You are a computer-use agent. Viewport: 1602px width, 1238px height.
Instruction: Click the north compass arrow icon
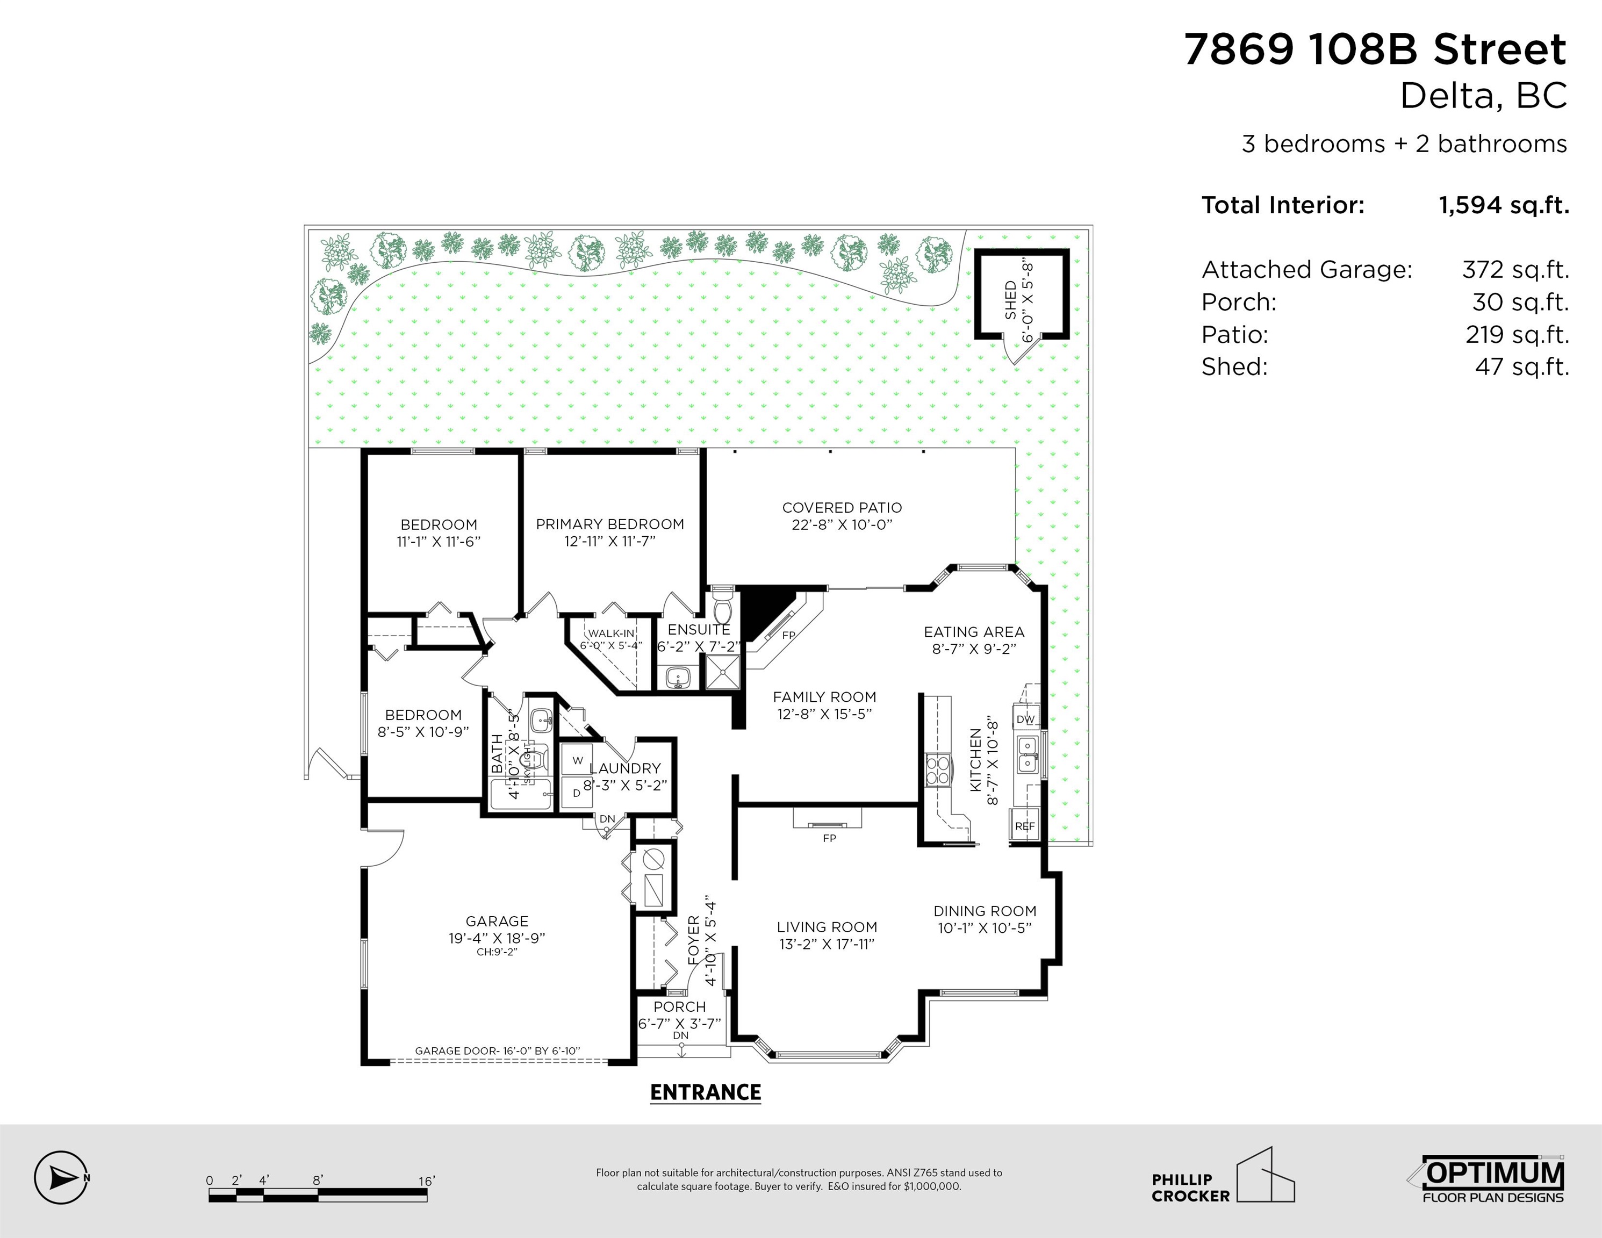pyautogui.click(x=62, y=1178)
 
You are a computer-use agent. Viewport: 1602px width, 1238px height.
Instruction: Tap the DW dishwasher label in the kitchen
pyautogui.click(x=1025, y=719)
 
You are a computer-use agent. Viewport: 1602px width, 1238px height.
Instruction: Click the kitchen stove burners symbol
pyautogui.click(x=937, y=770)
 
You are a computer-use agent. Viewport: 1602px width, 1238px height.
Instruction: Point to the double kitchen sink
pyautogui.click(x=1027, y=755)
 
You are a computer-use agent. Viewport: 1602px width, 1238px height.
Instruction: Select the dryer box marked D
pyautogui.click(x=577, y=793)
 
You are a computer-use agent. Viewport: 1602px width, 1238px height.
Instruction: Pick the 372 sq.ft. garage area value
pyautogui.click(x=1515, y=270)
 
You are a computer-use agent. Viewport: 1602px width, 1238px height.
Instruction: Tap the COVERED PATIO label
pyautogui.click(x=842, y=508)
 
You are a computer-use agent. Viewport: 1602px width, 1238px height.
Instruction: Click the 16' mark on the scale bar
pyautogui.click(x=427, y=1181)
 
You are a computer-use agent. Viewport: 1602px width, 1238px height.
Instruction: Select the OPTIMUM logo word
pyautogui.click(x=1493, y=1173)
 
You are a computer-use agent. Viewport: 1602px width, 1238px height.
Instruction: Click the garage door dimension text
pyautogui.click(x=497, y=1051)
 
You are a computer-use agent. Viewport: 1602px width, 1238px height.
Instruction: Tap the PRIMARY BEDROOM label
pyautogui.click(x=609, y=524)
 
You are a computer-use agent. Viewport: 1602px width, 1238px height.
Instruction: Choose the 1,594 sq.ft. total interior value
pyautogui.click(x=1504, y=205)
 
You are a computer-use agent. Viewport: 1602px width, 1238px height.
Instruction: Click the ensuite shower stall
pyautogui.click(x=722, y=672)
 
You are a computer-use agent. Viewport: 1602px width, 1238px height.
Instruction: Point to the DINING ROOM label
pyautogui.click(x=985, y=911)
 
